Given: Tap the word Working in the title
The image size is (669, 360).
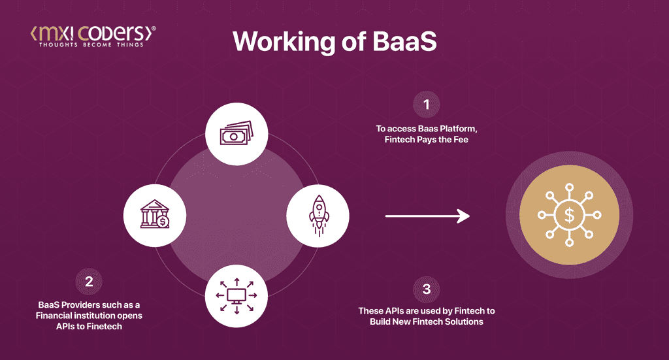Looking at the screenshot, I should [x=280, y=42].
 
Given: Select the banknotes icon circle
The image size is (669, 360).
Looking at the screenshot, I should [x=237, y=135].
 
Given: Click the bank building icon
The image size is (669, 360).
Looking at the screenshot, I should [x=155, y=214].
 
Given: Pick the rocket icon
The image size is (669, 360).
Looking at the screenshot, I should [x=318, y=214].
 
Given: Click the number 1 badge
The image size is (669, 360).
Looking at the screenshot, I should [x=427, y=105].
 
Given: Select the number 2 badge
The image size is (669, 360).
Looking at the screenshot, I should [x=90, y=282].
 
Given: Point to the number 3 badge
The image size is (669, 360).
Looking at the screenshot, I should [x=427, y=289].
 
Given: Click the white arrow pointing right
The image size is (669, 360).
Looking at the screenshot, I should [x=427, y=216].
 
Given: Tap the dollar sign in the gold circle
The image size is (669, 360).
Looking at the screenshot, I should [x=568, y=215].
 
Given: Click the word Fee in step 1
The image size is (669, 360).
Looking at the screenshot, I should [x=462, y=140].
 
